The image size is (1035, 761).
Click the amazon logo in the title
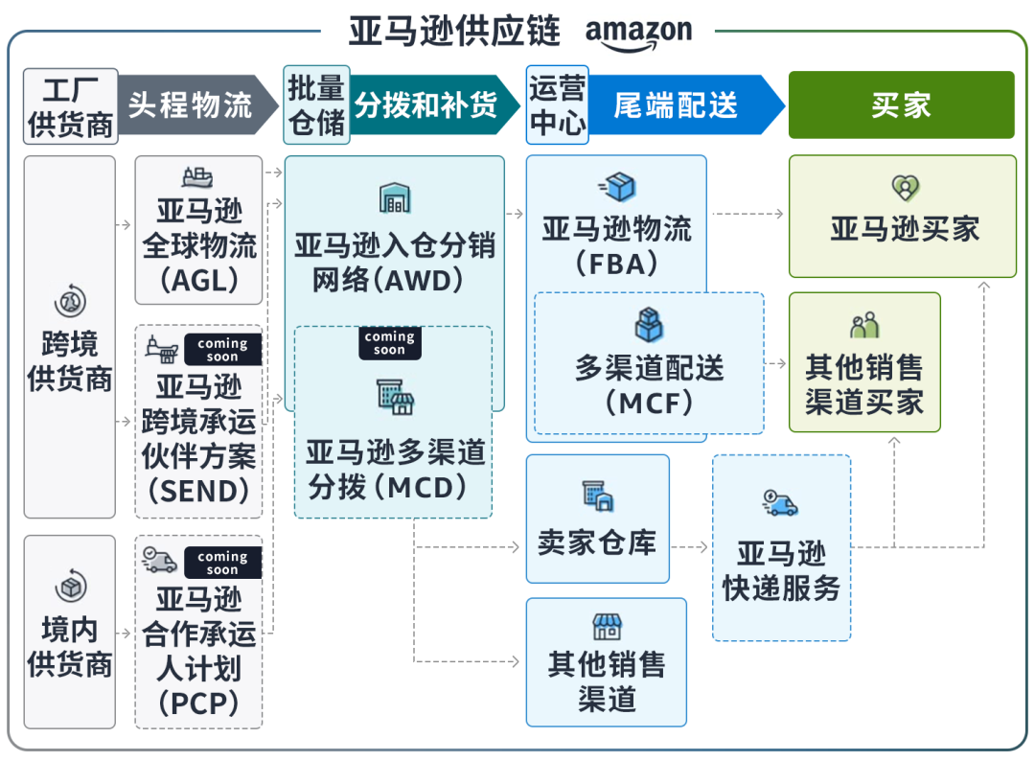tap(638, 32)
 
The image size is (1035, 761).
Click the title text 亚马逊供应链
tap(454, 31)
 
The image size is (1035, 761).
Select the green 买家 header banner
tap(901, 104)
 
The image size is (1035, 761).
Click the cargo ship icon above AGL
tap(197, 177)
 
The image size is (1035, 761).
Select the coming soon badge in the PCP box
tap(222, 563)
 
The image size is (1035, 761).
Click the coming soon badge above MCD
tap(389, 343)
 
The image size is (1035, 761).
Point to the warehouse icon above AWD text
tap(394, 198)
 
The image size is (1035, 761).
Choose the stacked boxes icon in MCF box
tap(649, 325)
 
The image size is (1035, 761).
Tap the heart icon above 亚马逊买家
tap(904, 187)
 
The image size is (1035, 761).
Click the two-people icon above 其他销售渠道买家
tap(864, 326)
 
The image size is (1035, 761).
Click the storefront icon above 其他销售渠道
tap(607, 628)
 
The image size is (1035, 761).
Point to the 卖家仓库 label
tap(597, 542)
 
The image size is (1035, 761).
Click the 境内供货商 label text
tap(70, 647)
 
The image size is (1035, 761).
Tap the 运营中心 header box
tap(557, 105)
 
